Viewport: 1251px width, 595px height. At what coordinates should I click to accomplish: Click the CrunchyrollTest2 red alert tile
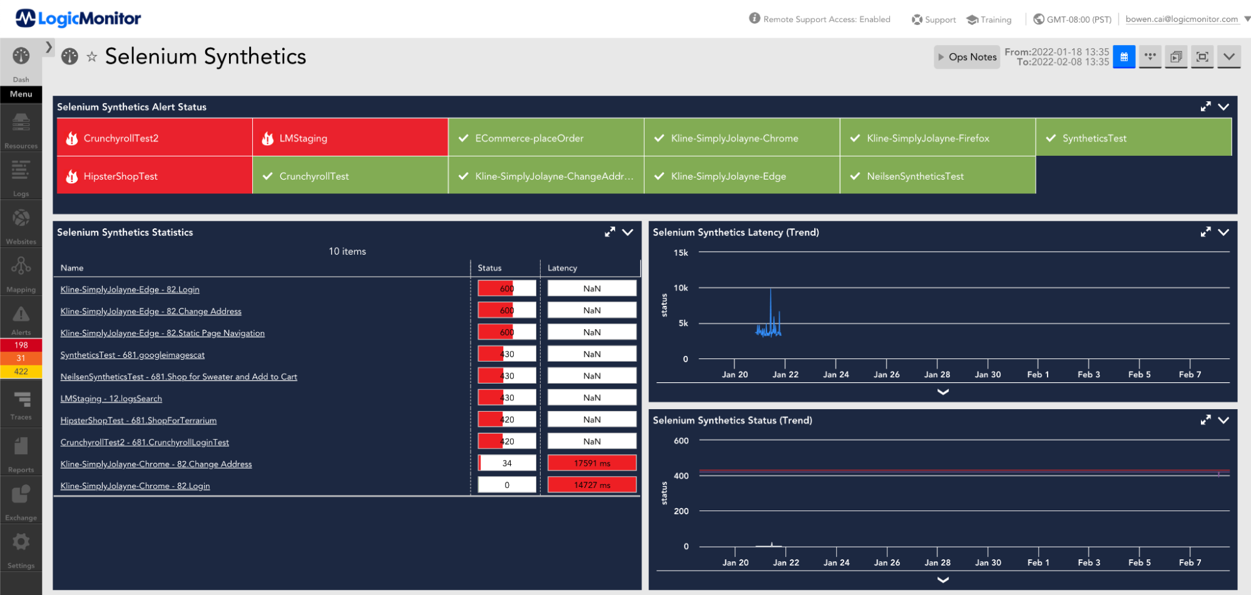[154, 138]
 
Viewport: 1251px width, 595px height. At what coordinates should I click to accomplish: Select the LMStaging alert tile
[350, 138]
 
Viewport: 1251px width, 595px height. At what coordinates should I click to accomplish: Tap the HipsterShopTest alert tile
[154, 176]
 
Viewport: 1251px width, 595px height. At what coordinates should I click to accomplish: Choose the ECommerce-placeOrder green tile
[546, 138]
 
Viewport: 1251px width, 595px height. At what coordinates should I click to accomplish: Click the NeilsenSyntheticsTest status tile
[937, 176]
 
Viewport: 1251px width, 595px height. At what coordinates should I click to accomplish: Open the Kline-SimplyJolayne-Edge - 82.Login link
[130, 290]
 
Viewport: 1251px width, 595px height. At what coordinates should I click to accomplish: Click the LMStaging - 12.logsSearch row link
[111, 399]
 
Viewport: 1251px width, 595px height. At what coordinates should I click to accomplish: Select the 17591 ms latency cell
[591, 464]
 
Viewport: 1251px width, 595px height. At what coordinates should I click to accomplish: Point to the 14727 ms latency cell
[591, 486]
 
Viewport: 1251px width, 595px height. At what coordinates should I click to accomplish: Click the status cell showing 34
[507, 464]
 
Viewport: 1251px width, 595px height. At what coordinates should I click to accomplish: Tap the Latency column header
[562, 268]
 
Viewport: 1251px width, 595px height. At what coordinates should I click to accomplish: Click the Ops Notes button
[967, 57]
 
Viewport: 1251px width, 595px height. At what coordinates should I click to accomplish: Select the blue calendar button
[1123, 57]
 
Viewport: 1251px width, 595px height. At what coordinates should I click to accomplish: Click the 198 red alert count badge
[21, 345]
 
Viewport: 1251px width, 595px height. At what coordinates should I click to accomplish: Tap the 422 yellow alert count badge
[21, 372]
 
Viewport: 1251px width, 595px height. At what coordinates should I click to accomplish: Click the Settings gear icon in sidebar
[21, 542]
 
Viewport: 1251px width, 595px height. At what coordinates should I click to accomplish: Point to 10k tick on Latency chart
[681, 288]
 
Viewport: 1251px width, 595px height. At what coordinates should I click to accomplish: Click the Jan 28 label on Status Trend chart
[937, 562]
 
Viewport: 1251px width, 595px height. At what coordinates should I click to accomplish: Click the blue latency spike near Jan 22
[770, 313]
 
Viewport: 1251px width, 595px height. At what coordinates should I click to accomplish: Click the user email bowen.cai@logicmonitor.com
[1181, 19]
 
